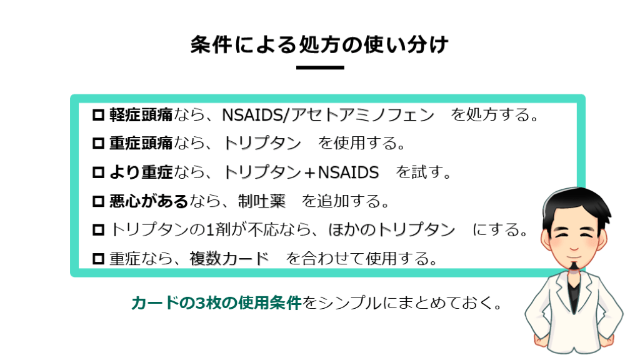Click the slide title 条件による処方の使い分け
coord(319,44)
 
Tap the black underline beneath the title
coord(320,67)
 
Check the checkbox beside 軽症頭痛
coord(98,115)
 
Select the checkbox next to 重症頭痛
coord(98,143)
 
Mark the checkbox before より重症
coord(98,172)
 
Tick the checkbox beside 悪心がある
coord(98,201)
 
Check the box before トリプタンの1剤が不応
coord(98,230)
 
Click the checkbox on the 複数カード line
coord(98,259)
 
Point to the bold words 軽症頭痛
coord(141,115)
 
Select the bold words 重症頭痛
coord(141,143)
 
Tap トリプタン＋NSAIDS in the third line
coord(301,172)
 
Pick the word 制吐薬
coord(262,201)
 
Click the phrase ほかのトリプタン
coord(392,230)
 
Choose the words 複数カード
coord(229,259)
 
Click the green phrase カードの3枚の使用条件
coord(217,303)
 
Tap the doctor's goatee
coord(574,266)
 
